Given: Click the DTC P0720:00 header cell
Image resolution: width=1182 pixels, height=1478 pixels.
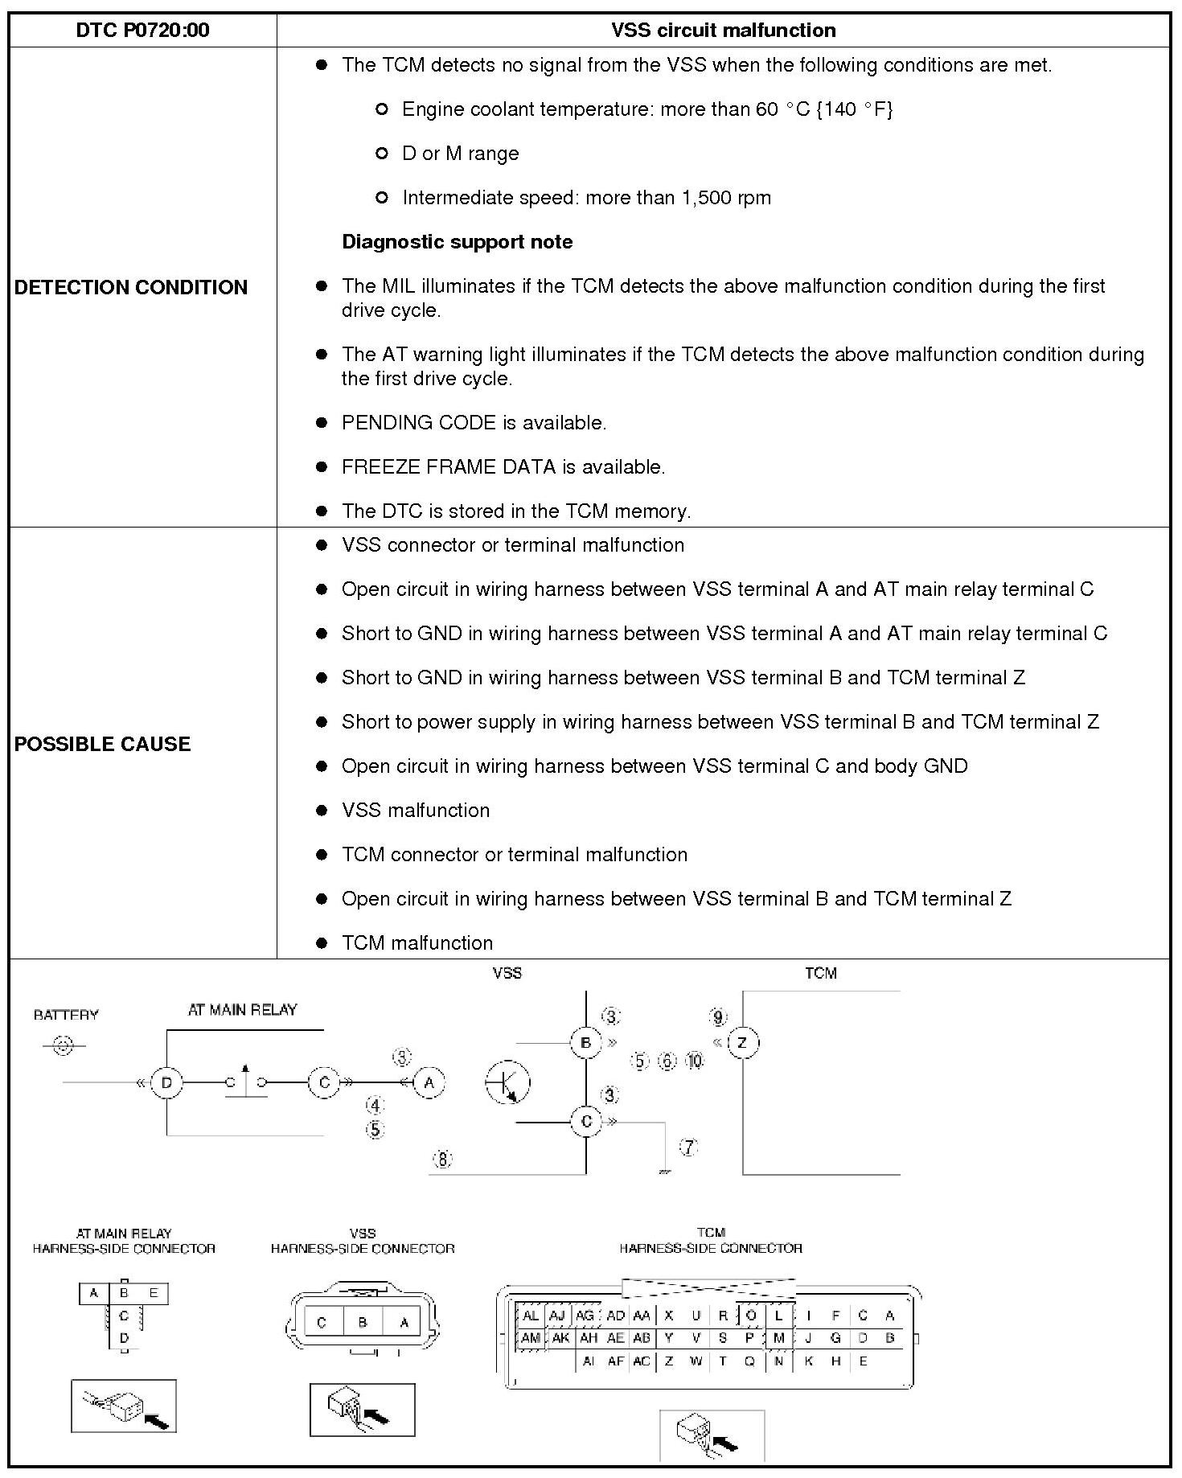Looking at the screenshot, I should click(142, 31).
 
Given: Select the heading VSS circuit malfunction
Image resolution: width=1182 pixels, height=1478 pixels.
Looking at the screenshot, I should click(723, 31).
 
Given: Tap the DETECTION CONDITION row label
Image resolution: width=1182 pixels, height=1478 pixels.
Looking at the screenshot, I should click(131, 287).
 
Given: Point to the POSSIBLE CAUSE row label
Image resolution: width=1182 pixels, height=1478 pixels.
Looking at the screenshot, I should click(103, 744).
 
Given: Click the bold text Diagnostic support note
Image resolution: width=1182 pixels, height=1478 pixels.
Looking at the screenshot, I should click(457, 242).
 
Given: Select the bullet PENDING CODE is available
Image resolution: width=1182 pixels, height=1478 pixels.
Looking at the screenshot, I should click(474, 423).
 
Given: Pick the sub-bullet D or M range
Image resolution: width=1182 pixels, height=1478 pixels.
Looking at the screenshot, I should click(460, 154).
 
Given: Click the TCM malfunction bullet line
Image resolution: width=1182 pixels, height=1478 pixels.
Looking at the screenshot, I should click(417, 942).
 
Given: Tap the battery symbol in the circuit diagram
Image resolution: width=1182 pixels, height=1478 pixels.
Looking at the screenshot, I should click(63, 1046).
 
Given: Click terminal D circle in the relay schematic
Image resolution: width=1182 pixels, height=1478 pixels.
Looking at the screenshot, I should click(166, 1082).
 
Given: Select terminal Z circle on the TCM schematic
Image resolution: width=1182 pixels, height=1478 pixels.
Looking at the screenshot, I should click(742, 1043).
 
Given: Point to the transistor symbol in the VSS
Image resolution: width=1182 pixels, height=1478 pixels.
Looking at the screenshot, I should click(507, 1082).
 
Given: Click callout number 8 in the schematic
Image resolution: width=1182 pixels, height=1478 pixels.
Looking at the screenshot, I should click(443, 1159).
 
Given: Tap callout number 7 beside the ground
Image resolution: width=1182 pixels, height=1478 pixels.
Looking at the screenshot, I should click(689, 1147).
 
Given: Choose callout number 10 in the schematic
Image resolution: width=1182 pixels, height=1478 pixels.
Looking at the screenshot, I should click(695, 1061).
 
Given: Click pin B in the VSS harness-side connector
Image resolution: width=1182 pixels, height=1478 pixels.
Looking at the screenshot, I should click(363, 1322).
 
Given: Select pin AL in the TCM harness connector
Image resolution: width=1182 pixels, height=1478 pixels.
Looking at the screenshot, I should click(531, 1316).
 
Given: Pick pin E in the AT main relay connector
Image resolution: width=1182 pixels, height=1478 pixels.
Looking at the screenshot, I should click(154, 1293).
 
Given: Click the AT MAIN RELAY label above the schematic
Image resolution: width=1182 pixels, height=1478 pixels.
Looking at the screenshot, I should click(242, 1010).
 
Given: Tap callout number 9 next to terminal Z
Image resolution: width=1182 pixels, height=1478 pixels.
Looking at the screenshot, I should click(718, 1017).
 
